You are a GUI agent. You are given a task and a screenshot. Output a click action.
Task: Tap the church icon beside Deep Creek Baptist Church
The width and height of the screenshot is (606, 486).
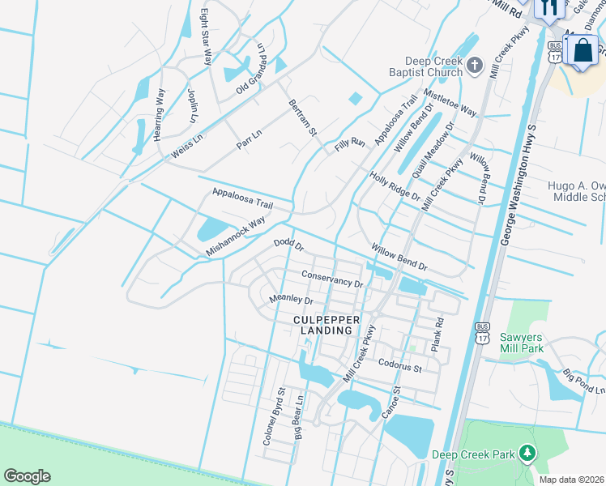tap(476, 64)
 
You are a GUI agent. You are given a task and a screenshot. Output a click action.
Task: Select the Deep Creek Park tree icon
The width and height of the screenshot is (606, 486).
tap(528, 454)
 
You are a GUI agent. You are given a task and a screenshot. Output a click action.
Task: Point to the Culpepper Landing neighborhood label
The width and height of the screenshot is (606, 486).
tap(322, 326)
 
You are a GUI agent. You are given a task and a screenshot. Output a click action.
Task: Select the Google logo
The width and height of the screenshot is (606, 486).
tap(27, 476)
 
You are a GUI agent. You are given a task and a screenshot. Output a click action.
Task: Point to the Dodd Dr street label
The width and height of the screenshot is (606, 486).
tap(288, 244)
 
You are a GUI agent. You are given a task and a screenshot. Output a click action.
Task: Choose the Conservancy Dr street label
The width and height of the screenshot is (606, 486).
tap(331, 279)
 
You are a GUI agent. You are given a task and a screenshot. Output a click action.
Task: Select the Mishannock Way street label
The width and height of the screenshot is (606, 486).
tap(235, 237)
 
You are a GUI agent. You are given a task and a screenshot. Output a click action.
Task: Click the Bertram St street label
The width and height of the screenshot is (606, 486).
tap(301, 117)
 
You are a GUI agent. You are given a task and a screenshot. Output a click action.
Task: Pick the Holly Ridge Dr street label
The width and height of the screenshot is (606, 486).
tap(395, 185)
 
